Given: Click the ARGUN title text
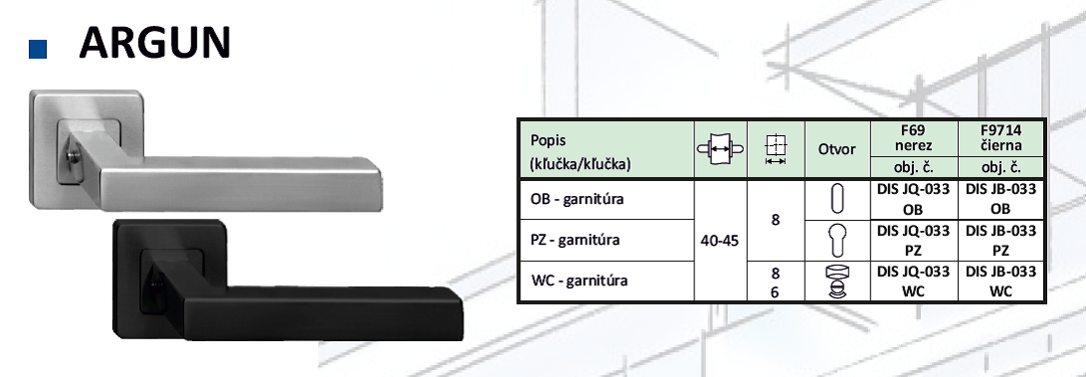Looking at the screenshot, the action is click(x=154, y=43).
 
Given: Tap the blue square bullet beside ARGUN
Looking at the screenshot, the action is click(x=38, y=49).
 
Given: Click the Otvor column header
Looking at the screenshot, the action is click(x=836, y=149).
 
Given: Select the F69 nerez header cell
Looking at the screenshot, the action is click(x=914, y=138).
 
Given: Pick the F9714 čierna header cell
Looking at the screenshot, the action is click(x=1000, y=138).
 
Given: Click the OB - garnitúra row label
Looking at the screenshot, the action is click(x=577, y=199).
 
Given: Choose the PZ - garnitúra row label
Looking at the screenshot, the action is click(x=575, y=240).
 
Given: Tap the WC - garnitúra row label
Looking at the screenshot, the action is click(x=579, y=281).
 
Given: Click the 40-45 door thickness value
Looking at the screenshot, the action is click(x=720, y=241).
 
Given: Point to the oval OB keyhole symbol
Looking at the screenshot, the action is click(x=837, y=200).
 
